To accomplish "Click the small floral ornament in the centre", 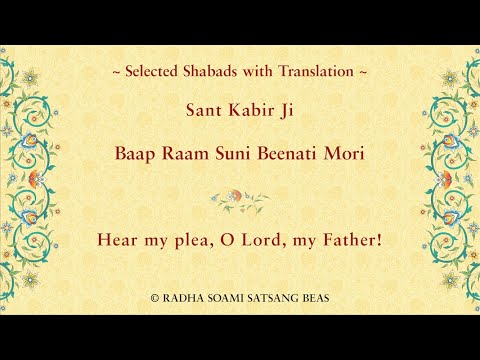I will (x=240, y=199).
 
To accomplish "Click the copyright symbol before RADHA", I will (x=154, y=298).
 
